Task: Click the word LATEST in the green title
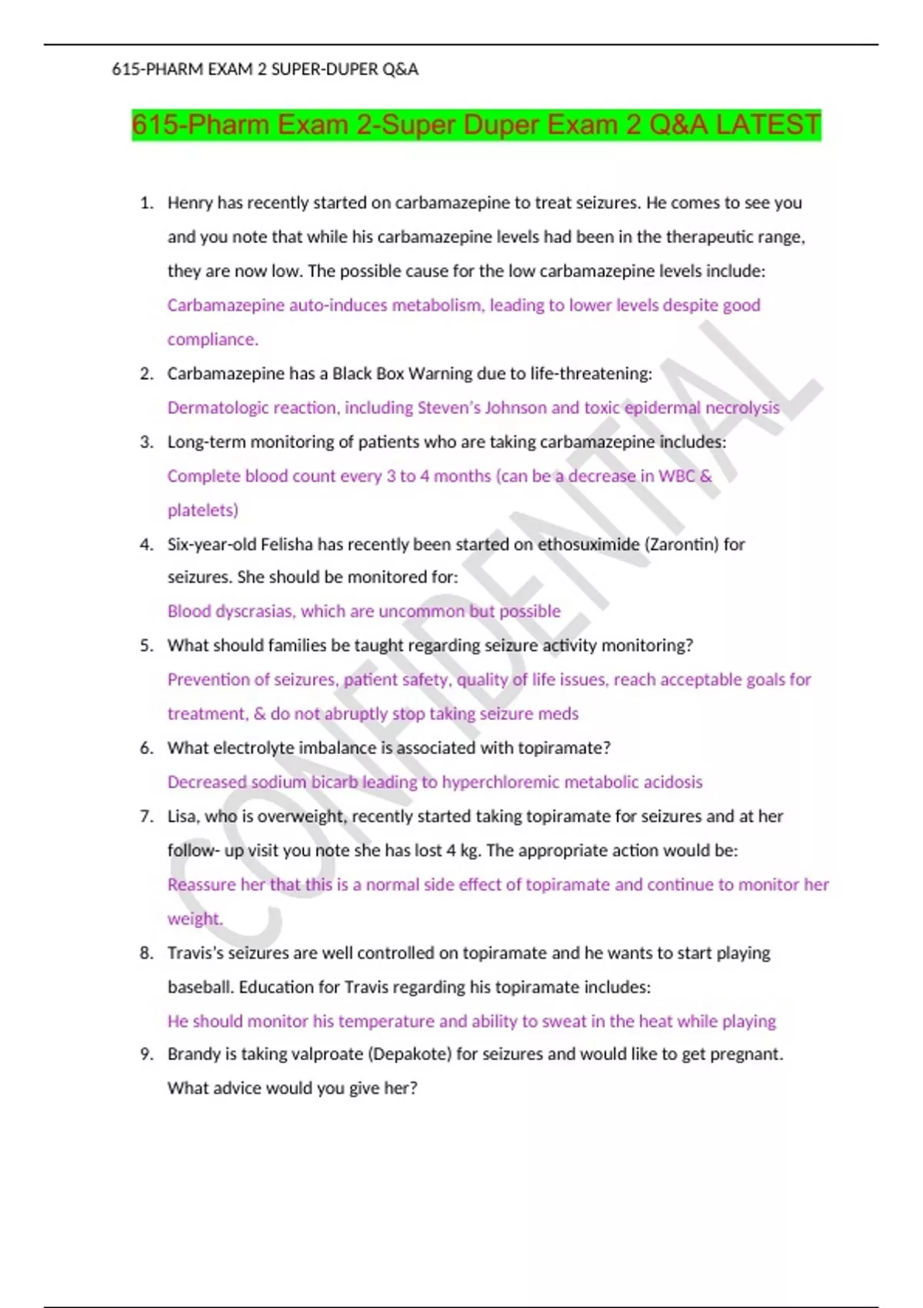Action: [768, 125]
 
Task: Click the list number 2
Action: [147, 374]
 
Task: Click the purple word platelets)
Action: [203, 510]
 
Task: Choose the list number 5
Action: [147, 646]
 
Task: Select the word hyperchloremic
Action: [500, 782]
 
